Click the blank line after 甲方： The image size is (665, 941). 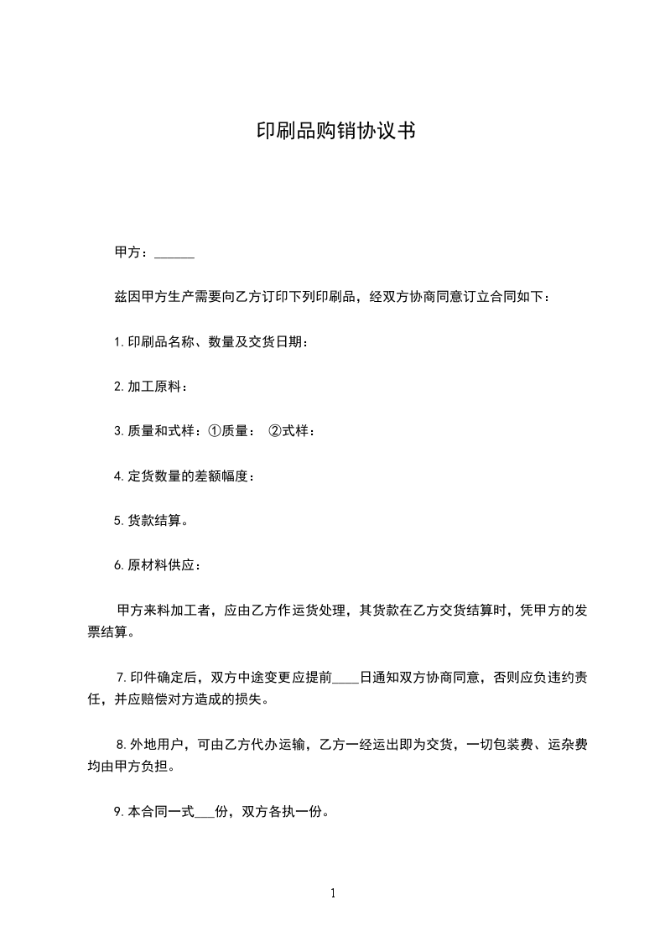point(174,253)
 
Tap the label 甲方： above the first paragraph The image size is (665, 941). point(132,252)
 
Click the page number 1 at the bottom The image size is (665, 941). point(333,893)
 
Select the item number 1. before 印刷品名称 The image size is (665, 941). point(119,342)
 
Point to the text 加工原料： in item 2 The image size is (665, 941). point(158,387)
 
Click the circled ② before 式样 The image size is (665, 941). point(274,431)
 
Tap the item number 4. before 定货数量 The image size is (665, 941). point(119,476)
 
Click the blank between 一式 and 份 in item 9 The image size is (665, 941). point(205,812)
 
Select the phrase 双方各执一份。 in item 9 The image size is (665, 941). point(285,812)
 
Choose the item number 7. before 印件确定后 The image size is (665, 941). point(122,678)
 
